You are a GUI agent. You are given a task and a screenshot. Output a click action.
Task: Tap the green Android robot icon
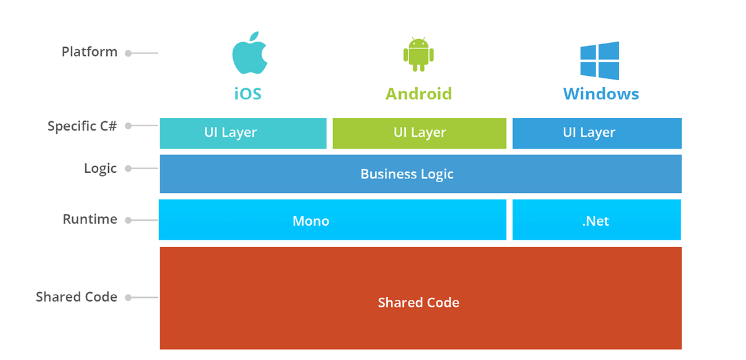tap(418, 54)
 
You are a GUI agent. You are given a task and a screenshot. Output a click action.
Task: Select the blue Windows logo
tap(600, 60)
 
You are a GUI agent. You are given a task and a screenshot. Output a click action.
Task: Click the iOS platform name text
tap(247, 94)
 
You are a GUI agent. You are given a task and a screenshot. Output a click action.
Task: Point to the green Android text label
tap(418, 94)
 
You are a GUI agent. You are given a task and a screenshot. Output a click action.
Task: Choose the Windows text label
tap(601, 94)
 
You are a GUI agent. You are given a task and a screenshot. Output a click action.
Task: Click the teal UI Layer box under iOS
tap(243, 133)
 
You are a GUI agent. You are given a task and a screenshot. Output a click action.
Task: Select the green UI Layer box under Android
tap(420, 133)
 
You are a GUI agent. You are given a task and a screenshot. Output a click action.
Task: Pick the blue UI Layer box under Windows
tap(597, 133)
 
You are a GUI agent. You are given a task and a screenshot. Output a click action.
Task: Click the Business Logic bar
tap(420, 174)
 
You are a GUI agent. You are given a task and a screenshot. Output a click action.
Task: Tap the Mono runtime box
tap(333, 220)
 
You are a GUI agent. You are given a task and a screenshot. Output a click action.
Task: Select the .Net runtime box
tap(596, 220)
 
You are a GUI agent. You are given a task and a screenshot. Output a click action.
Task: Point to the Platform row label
tap(90, 52)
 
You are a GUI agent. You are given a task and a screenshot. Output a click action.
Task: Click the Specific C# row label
tap(82, 126)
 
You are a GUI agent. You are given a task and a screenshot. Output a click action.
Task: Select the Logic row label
tap(100, 168)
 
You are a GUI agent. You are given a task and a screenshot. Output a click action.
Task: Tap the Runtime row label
tap(90, 219)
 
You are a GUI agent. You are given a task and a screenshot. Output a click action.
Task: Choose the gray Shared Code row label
tap(76, 297)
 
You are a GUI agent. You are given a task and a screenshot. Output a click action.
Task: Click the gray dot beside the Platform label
tap(128, 53)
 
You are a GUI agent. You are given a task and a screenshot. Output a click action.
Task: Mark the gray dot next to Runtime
tap(128, 220)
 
